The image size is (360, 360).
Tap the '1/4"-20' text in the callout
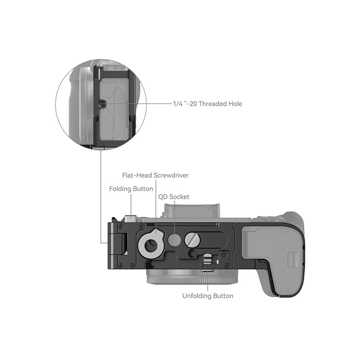[x=185, y=104]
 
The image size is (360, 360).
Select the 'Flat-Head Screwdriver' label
[x=155, y=175]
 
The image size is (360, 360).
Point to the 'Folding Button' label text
[x=131, y=189]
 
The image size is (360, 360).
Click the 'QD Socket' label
[x=174, y=197]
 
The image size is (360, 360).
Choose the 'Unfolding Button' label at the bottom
[x=208, y=296]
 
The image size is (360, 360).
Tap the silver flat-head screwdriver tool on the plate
[x=151, y=243]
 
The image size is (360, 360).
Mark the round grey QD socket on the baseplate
[x=174, y=241]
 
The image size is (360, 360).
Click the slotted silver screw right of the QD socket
[x=192, y=239]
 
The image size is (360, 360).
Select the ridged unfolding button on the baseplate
[x=207, y=261]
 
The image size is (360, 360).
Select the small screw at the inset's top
[x=98, y=68]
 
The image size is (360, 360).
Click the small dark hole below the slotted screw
[x=192, y=254]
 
